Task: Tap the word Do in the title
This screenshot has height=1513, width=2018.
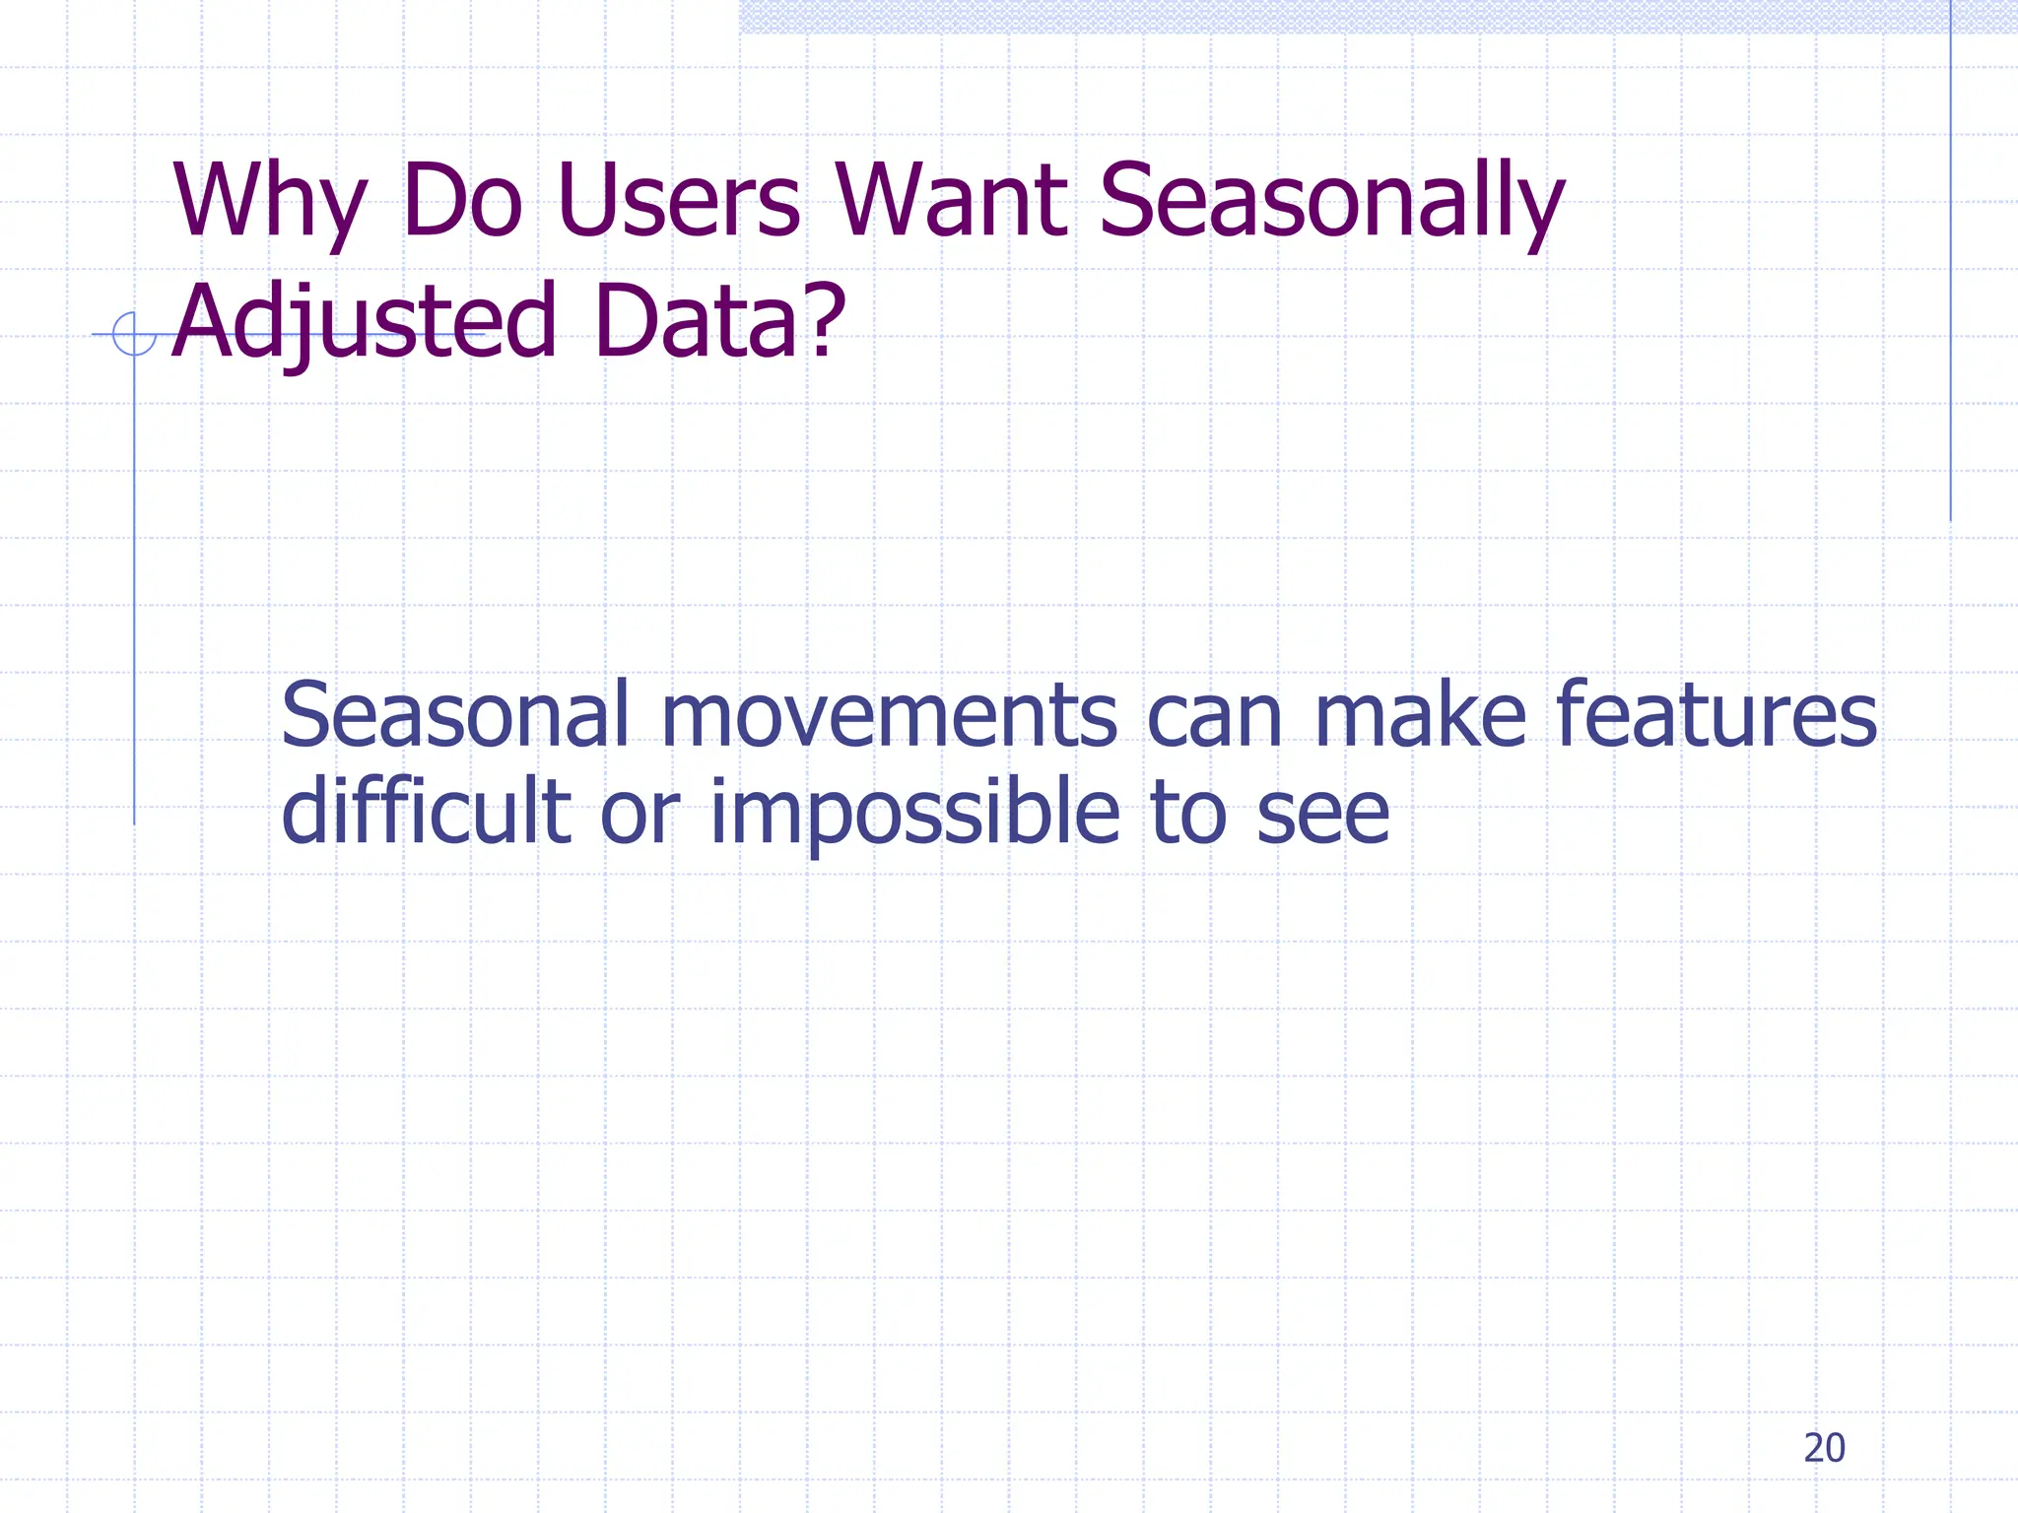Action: point(461,202)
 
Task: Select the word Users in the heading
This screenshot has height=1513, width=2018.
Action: point(678,202)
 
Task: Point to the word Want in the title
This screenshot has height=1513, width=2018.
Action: point(951,202)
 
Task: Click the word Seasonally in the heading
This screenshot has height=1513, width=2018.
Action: point(1330,202)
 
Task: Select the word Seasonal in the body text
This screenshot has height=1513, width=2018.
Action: point(454,716)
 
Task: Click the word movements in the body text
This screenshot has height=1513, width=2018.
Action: point(888,716)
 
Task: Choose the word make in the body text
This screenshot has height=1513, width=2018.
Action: point(1420,716)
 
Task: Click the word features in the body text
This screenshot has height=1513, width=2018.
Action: point(1715,716)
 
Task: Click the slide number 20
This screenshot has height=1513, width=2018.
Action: point(1824,1448)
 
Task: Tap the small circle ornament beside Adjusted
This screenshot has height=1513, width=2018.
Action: point(134,334)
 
